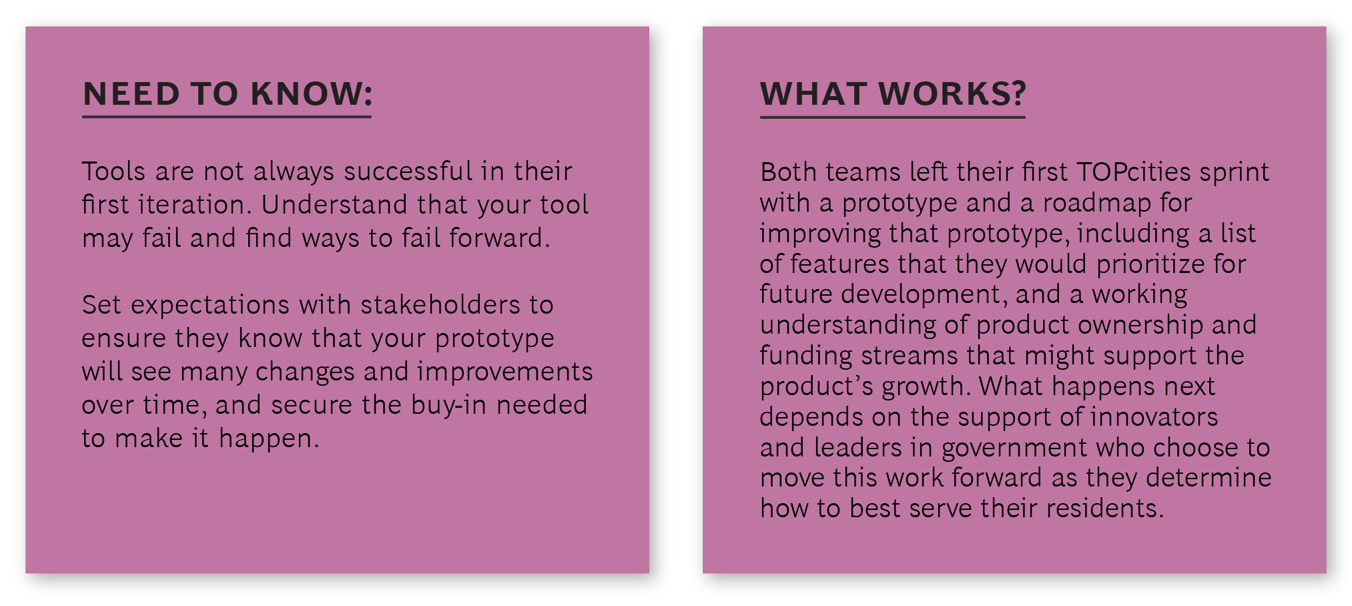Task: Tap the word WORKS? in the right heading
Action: [952, 93]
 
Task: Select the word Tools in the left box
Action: [113, 172]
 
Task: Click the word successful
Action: [408, 172]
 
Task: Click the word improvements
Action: [504, 372]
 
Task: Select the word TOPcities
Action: [1134, 172]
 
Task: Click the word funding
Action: [806, 356]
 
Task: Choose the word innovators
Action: [1154, 417]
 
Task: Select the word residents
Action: [1105, 509]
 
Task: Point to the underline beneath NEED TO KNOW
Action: [227, 117]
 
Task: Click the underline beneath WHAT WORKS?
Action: [893, 117]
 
